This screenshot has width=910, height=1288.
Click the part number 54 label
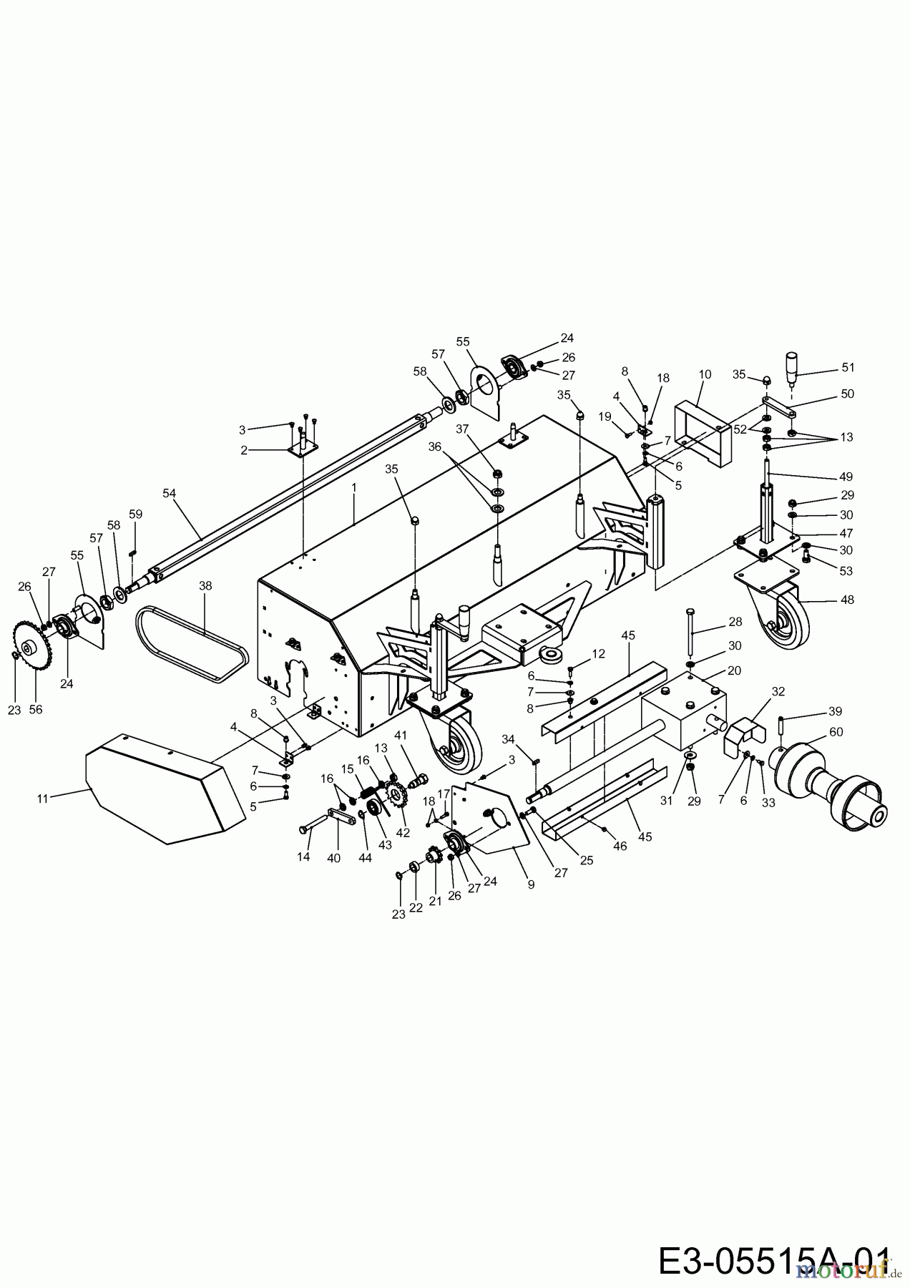point(169,493)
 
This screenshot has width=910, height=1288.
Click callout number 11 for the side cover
point(43,799)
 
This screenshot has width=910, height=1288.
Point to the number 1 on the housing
point(353,487)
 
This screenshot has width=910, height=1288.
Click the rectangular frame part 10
point(703,434)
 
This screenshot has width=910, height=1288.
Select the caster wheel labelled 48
point(780,619)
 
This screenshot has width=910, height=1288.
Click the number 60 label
point(836,732)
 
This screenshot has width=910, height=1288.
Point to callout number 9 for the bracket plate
point(531,884)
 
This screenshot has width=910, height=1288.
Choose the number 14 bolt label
point(303,857)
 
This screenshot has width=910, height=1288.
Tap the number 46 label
point(620,846)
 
